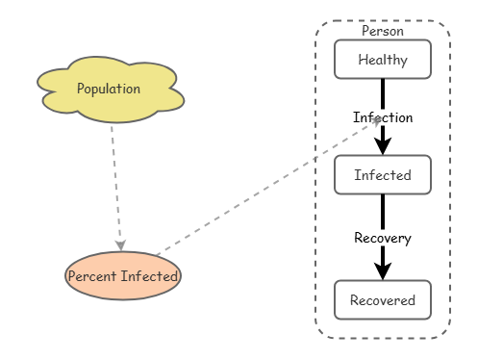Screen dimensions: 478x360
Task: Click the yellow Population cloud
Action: tap(111, 90)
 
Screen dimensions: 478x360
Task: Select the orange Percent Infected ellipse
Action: tap(123, 276)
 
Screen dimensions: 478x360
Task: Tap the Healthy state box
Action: tap(383, 60)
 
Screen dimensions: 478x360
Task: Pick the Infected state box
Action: tap(383, 175)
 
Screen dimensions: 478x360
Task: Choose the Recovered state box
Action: tap(383, 300)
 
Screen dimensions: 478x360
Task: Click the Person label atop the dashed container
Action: tap(383, 31)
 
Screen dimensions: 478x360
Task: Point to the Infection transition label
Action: tap(383, 117)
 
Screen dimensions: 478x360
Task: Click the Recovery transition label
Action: tap(383, 238)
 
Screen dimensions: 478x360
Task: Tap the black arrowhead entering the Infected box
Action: tap(383, 146)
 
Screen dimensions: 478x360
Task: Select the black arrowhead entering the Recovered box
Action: tap(383, 271)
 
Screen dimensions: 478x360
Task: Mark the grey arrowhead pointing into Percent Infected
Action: tap(120, 245)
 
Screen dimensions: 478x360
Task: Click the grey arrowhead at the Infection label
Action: tap(376, 121)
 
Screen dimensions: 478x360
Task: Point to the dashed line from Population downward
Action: tap(115, 183)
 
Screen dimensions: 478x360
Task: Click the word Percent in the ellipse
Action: tap(92, 276)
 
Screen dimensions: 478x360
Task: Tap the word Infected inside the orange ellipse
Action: tap(150, 276)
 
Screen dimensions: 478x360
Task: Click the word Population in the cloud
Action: tap(109, 89)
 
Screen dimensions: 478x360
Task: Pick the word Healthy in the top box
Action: tap(383, 60)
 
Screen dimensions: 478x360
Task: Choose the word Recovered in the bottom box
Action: tap(383, 300)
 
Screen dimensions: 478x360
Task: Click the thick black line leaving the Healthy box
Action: tap(383, 94)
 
